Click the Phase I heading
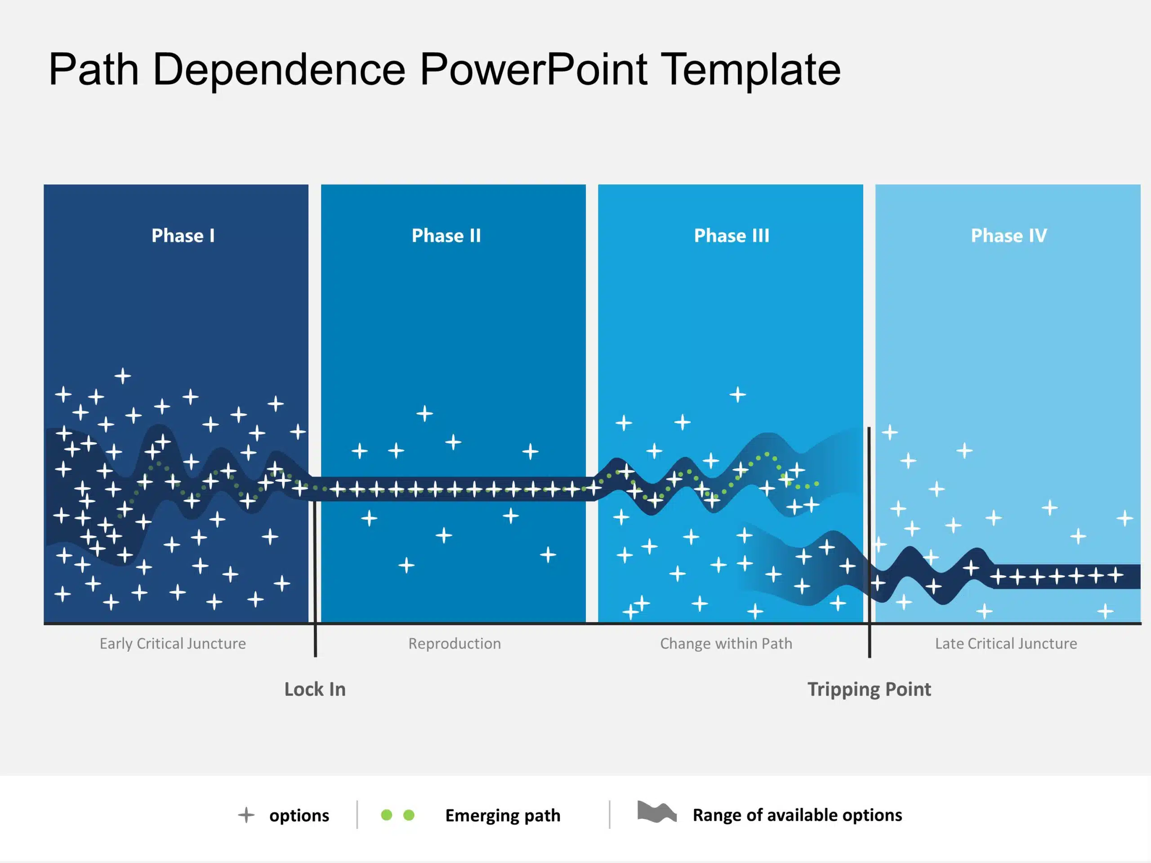tap(183, 236)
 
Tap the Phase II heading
tap(446, 236)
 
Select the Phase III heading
tap(731, 236)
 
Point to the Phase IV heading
tap(1008, 236)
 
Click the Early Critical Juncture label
tap(173, 644)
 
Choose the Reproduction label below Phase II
tap(454, 644)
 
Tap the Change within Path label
tap(726, 644)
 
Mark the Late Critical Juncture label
tap(1005, 644)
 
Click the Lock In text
tap(315, 689)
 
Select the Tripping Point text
tap(869, 689)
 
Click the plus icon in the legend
tap(246, 814)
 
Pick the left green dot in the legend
tap(386, 814)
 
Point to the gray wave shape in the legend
tap(657, 812)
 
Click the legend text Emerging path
tap(503, 815)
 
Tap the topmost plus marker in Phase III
tap(737, 395)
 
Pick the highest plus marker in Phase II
tap(424, 414)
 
